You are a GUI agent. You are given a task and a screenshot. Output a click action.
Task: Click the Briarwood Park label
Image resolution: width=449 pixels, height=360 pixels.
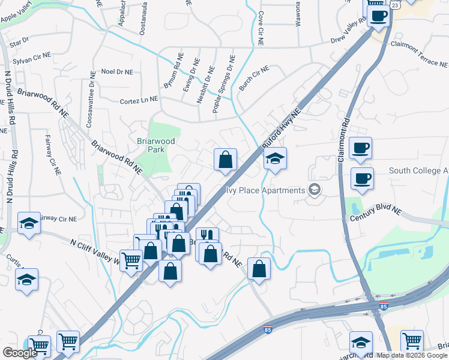155,145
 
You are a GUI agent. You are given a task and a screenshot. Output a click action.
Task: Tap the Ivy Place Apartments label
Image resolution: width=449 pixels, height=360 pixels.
266,191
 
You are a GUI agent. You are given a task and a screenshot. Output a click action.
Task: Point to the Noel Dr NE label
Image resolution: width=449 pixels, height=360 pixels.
116,71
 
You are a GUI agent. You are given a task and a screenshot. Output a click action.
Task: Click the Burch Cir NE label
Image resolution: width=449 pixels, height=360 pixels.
254,79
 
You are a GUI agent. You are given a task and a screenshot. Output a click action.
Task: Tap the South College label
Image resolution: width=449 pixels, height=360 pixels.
418,171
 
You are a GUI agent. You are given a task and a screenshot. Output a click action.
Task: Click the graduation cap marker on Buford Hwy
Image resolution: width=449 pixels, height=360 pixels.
275,159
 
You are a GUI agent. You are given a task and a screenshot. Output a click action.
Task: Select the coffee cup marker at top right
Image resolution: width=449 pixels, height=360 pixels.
378,16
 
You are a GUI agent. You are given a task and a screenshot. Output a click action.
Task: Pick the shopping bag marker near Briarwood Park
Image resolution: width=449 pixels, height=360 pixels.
226,160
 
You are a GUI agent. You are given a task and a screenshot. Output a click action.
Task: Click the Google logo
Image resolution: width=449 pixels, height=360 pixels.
20,353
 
